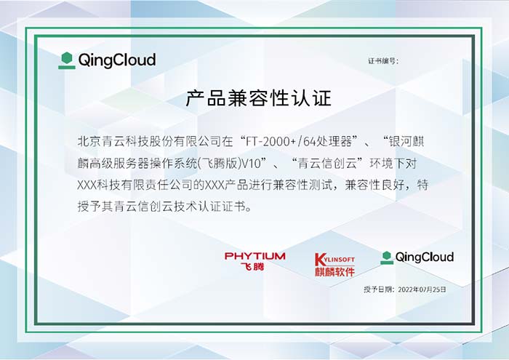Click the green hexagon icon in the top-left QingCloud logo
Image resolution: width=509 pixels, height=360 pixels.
pos(67,60)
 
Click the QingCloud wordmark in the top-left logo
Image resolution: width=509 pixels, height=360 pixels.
pos(117,60)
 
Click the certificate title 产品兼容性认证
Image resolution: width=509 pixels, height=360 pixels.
pos(258,98)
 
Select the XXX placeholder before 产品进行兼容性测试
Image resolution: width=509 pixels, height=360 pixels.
pos(215,185)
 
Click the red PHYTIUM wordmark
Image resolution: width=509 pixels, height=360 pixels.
pos(254,256)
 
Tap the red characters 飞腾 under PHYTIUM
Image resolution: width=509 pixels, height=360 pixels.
pos(252,267)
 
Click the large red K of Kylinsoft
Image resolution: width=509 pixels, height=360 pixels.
pos(319,260)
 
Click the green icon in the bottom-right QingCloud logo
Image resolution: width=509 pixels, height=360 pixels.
pos(387,257)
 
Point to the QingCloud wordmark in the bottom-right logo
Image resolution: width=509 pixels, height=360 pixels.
pos(424,257)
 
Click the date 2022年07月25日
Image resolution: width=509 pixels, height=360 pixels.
pos(422,289)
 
